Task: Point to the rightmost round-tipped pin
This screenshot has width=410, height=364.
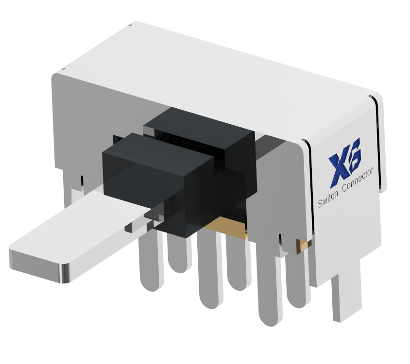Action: pos(297,281)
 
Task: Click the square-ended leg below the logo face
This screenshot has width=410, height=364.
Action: pos(346,296)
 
